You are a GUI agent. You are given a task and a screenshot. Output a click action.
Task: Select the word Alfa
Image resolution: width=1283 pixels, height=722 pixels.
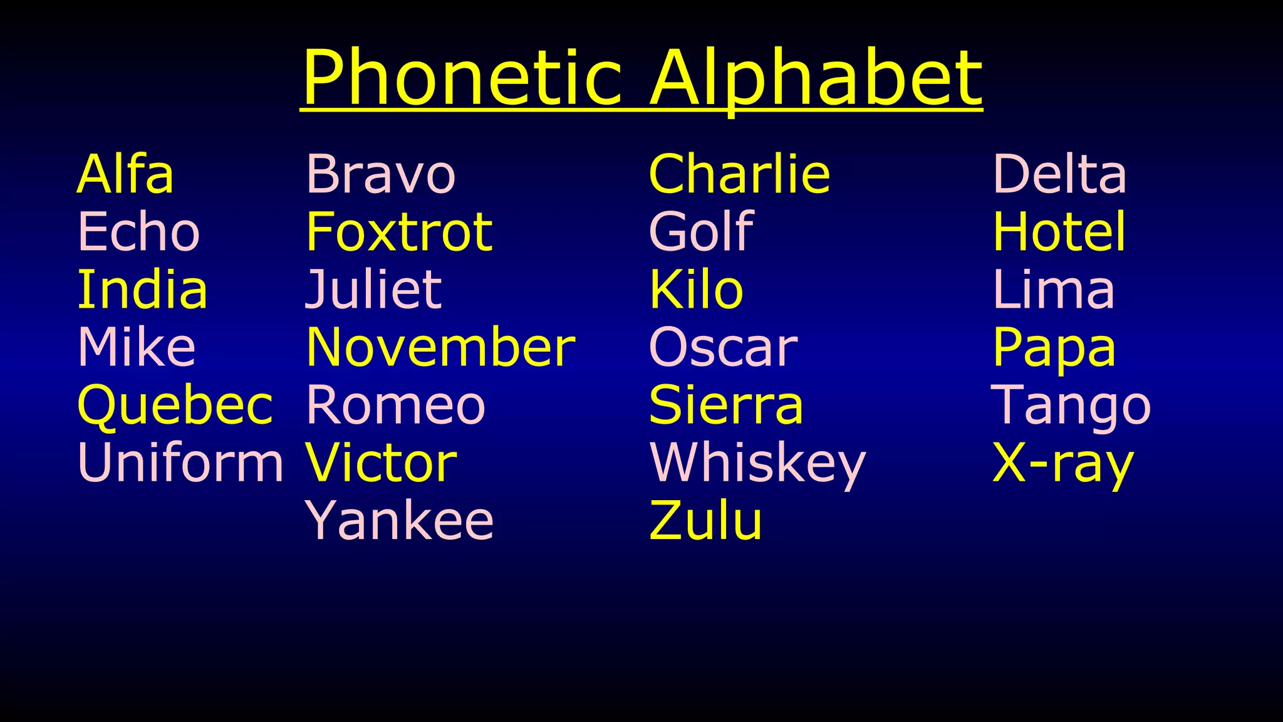coord(125,174)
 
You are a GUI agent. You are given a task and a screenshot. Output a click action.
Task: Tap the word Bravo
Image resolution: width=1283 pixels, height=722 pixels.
coord(381,174)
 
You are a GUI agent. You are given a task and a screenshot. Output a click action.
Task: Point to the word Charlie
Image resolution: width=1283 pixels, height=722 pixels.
coord(740,174)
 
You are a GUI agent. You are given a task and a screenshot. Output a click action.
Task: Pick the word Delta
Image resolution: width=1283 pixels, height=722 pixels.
coord(1060,174)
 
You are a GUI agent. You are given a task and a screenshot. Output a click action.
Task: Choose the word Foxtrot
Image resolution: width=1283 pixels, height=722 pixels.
coord(399,232)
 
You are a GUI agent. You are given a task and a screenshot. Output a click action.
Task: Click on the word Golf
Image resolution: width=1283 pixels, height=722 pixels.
coord(701,232)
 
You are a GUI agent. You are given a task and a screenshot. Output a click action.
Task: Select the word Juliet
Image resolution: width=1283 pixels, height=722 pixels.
coord(373,290)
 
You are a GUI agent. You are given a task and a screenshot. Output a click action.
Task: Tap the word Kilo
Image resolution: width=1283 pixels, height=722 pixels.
coord(696,290)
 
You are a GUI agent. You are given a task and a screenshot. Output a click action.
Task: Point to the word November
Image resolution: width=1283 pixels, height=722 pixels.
coord(440,347)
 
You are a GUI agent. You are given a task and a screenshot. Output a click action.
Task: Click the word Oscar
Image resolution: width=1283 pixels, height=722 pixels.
coord(724,347)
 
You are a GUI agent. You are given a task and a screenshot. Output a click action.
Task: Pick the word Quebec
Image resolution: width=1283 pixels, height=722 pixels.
coord(175,405)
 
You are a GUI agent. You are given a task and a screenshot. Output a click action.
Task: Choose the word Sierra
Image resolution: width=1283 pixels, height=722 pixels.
coord(726,405)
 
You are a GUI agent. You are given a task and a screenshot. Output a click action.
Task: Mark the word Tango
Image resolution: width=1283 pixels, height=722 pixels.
coord(1071,405)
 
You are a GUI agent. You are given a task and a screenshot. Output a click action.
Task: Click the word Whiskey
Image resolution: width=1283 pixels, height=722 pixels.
coord(758,463)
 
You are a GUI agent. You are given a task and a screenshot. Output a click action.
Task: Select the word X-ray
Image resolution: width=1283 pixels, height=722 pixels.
coord(1063,463)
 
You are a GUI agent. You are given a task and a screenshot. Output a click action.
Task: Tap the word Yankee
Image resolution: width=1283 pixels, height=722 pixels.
coord(400,521)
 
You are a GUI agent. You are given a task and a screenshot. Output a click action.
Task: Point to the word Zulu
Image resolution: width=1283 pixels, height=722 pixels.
coord(706,521)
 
